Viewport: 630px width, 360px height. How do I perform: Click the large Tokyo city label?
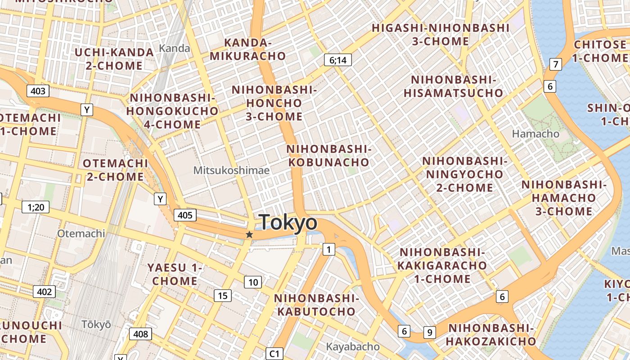tap(288, 223)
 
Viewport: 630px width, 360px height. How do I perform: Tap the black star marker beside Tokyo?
tap(249, 234)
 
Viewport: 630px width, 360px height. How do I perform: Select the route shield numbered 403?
tap(38, 91)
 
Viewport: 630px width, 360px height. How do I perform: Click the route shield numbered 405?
tap(185, 215)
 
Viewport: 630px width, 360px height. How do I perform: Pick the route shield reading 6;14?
tap(337, 60)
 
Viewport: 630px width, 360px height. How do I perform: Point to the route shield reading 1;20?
tap(36, 207)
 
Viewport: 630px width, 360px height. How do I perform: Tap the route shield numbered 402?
tap(44, 292)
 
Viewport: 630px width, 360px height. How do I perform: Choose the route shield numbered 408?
tap(140, 334)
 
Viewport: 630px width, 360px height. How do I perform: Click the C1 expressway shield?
tap(274, 354)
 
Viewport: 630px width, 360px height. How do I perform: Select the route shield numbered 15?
tap(222, 296)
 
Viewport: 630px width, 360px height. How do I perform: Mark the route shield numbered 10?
tap(253, 282)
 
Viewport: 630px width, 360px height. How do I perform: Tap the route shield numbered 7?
tap(556, 64)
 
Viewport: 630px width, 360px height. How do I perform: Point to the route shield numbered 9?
tap(430, 333)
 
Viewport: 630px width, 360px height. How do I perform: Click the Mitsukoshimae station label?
tap(231, 171)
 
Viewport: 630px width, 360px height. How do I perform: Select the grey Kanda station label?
tap(175, 48)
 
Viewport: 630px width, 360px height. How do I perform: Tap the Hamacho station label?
tap(535, 134)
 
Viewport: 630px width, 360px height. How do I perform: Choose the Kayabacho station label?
tap(352, 347)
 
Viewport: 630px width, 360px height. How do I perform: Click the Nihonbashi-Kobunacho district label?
tap(328, 155)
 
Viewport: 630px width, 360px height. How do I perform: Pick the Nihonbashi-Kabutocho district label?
tap(316, 305)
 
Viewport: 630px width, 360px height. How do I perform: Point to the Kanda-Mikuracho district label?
tap(248, 49)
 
